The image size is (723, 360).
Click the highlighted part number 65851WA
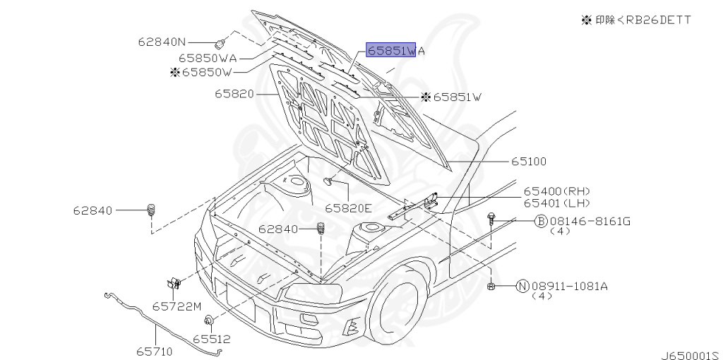395,50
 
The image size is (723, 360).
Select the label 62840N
162,42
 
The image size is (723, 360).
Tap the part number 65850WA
208,58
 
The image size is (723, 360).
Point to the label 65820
234,94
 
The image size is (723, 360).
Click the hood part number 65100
528,162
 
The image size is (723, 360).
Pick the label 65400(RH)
557,191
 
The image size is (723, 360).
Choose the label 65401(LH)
557,203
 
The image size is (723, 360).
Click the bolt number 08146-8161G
589,221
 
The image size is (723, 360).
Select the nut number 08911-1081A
570,287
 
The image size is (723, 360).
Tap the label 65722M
177,306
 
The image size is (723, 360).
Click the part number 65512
212,340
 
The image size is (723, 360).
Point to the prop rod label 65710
154,352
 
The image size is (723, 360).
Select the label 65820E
348,208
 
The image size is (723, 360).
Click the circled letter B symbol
540,221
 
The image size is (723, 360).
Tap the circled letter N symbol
522,287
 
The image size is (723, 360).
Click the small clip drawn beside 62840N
220,44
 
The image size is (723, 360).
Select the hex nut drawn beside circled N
491,287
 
